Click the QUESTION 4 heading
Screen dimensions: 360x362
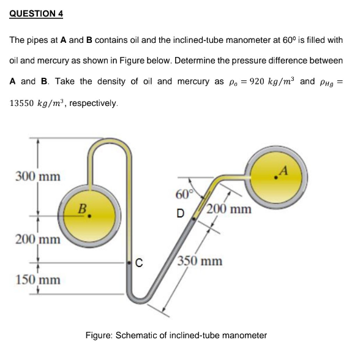coord(36,13)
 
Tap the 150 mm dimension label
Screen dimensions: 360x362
coord(38,280)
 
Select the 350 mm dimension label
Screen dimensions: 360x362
coord(201,262)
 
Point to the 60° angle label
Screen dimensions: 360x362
coord(184,195)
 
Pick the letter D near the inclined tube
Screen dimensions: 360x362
coord(180,214)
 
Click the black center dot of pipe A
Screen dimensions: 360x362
coord(277,176)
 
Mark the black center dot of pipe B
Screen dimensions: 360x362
coord(90,215)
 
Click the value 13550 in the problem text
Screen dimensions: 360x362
coord(24,103)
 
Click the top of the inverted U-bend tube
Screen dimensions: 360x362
coord(110,145)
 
